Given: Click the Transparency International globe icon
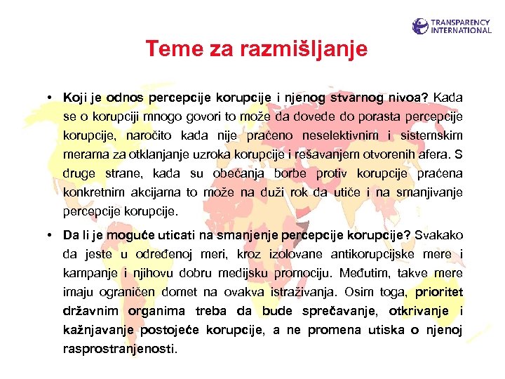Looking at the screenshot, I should (x=420, y=27).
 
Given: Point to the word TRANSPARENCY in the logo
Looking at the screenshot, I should (x=462, y=22).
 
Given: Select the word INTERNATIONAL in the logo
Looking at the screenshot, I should (x=462, y=31).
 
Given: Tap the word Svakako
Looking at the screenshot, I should (x=440, y=234).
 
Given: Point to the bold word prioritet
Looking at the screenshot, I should (x=439, y=291).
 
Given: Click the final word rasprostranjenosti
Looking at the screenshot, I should (x=120, y=348).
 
